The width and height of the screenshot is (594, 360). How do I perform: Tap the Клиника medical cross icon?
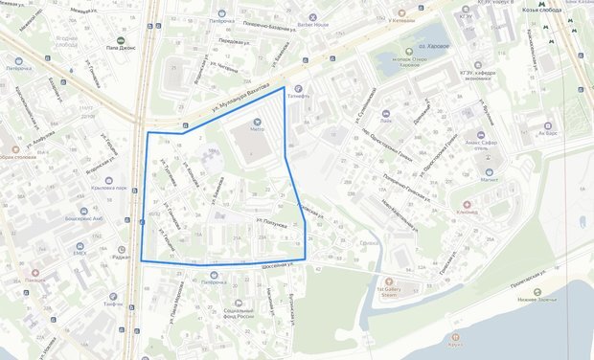(x=468, y=204)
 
